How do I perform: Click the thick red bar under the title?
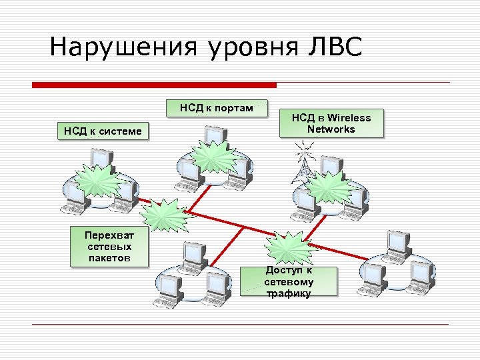154,85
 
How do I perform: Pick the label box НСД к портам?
216,108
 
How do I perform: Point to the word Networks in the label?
331,129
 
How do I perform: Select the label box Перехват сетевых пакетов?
109,247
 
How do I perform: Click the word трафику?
288,293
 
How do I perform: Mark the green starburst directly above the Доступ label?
288,247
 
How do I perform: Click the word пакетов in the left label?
109,258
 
